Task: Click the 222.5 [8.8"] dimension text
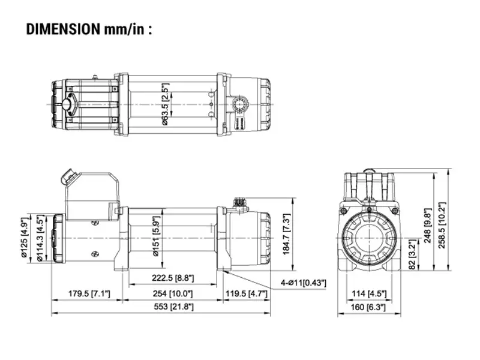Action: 172,277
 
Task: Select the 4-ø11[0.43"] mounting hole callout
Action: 302,282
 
